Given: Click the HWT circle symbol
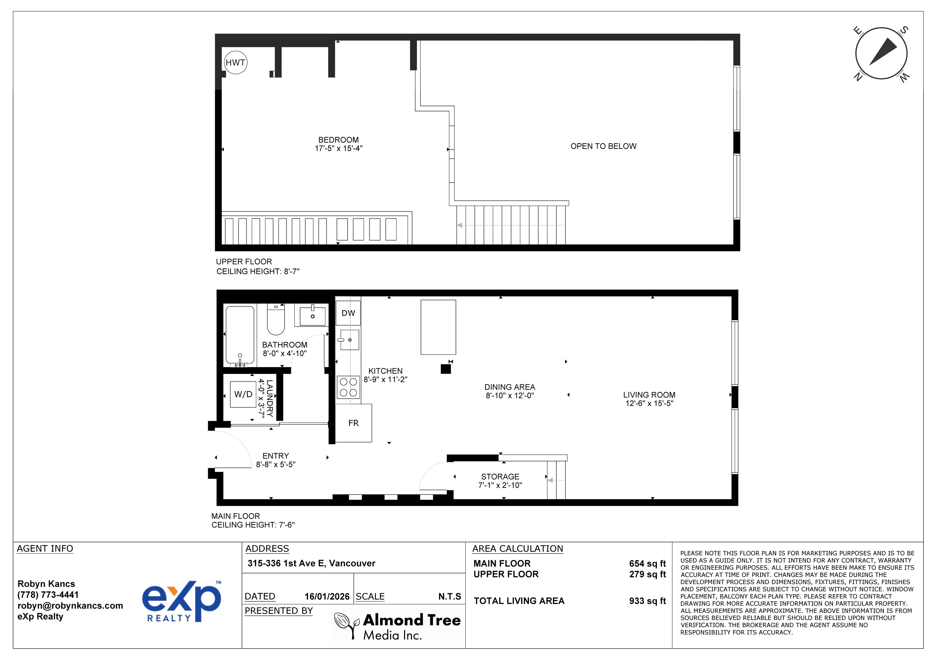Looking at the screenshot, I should coord(235,62).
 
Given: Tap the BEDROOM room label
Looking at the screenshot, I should coord(338,140).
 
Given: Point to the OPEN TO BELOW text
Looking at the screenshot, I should coord(603,146).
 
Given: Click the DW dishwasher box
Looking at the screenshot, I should coord(348,313).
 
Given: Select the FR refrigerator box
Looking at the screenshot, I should coord(353,423).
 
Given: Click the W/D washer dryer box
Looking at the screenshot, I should coord(243,394).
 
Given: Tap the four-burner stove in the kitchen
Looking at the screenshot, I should coord(348,387).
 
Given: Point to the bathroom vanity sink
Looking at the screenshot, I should coord(312,316).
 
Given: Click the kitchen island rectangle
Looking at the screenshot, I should coord(438,327).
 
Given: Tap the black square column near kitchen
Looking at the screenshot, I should coord(446,369).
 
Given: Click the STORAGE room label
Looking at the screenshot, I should coord(500,477).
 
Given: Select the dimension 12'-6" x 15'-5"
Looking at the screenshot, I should coord(649,403).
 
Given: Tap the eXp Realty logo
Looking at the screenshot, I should coord(182,601).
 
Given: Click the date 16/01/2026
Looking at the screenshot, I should coord(327,597).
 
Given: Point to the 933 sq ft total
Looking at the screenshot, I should coord(647,601).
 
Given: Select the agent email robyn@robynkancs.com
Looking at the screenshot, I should coord(70,606).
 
